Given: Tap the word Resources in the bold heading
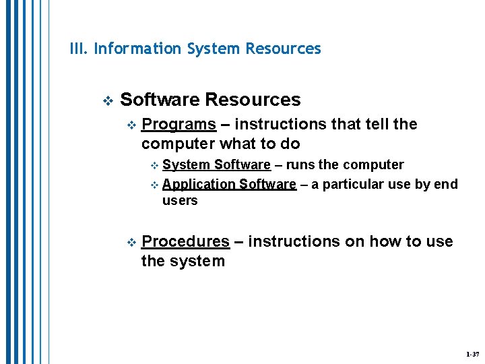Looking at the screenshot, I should tap(253, 100).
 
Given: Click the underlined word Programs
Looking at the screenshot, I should tap(179, 125).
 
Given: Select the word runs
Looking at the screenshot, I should tap(300, 165).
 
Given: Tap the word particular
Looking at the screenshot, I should tap(356, 185).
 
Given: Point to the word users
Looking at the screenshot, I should tap(180, 201).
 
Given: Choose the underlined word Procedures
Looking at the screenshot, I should tap(186, 242).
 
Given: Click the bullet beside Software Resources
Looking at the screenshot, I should tap(106, 101).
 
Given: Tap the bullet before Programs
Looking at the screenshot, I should tap(131, 125).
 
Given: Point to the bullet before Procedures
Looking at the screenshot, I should tap(131, 243).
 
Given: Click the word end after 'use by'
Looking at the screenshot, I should tap(446, 185).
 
